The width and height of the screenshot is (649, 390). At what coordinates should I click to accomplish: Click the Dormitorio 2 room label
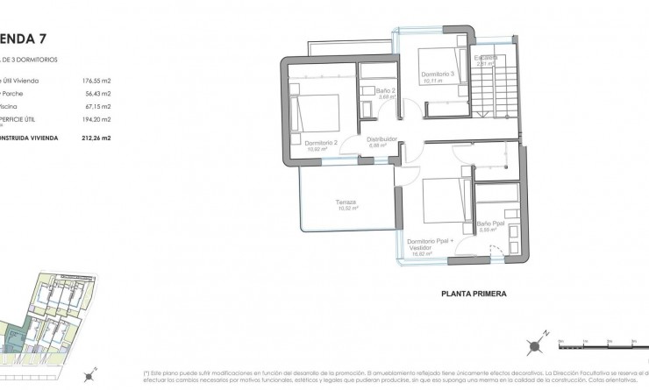tap(319, 142)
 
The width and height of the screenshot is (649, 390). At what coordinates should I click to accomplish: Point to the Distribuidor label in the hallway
tap(382, 138)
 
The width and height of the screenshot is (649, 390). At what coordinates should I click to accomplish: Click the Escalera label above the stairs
tap(488, 59)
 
